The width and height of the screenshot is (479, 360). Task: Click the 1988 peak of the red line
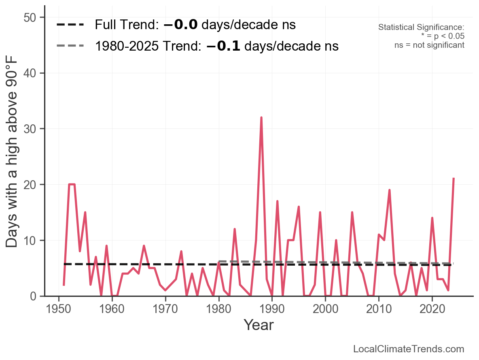click(261, 118)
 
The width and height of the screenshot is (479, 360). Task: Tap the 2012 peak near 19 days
click(389, 190)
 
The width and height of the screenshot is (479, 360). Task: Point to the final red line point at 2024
click(454, 178)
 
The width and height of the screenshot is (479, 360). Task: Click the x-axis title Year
click(259, 325)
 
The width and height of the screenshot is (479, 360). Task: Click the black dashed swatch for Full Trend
click(70, 25)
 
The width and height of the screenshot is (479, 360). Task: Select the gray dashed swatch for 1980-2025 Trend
click(70, 46)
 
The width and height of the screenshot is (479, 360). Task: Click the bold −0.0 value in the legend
click(180, 25)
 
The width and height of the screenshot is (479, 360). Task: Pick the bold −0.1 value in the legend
click(223, 46)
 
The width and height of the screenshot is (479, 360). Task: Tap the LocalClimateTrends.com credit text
click(409, 349)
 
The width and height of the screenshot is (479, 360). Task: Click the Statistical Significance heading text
click(421, 27)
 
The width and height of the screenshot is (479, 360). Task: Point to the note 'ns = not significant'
click(429, 45)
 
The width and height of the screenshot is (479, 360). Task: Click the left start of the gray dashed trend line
click(219, 262)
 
